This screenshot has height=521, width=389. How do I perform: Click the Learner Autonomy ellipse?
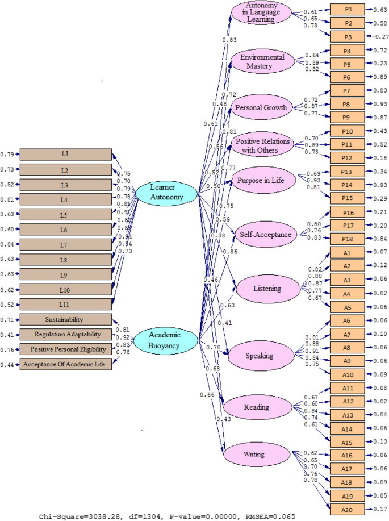pos(166,192)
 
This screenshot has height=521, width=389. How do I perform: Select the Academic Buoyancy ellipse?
pos(166,340)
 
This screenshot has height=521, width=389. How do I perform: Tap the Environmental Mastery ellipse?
pos(262,61)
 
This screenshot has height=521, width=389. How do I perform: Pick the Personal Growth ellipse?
pos(262,107)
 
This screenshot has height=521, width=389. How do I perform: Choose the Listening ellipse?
pos(267,288)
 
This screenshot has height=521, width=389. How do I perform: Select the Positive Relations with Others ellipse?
pos(262,145)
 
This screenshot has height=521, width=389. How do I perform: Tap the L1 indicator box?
pos(65,155)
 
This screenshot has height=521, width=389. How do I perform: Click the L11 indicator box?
pos(65,304)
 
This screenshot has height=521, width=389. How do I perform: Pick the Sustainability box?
pos(65,320)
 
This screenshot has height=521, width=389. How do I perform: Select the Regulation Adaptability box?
pos(65,335)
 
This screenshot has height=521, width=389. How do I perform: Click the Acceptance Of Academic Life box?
pos(65,364)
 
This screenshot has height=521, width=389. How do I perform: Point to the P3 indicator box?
pos(348,37)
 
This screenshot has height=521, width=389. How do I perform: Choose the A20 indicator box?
pos(348,509)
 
